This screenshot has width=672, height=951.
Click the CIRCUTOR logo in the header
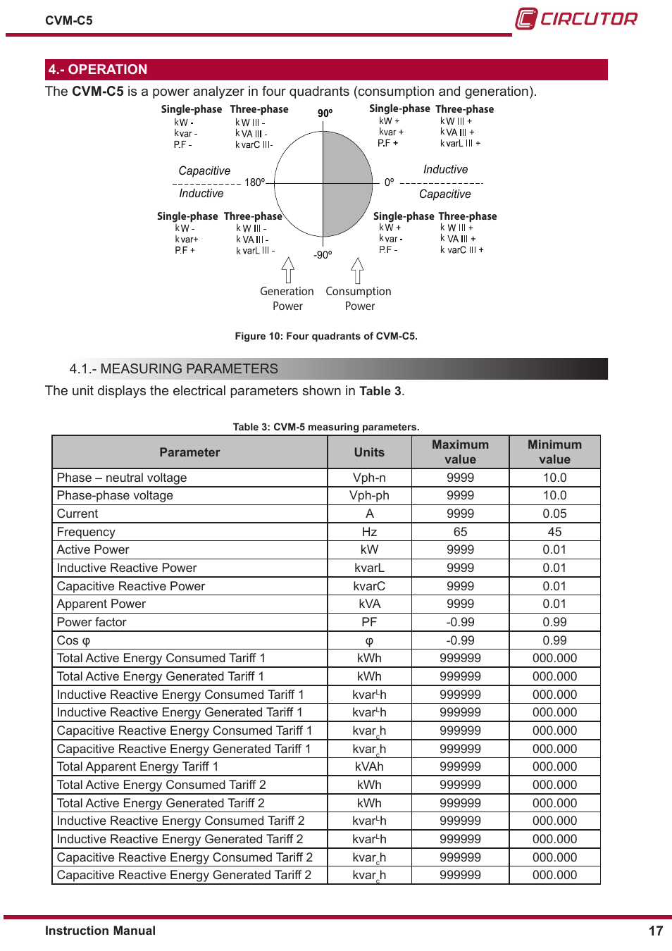576,18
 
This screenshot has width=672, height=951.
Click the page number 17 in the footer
655,931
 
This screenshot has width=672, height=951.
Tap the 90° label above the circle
325,113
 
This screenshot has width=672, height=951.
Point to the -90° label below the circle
323,255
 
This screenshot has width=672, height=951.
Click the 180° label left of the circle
254,182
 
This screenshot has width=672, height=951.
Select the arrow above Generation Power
287,270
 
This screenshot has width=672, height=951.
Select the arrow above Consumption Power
357,270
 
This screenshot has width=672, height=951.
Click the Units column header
369,452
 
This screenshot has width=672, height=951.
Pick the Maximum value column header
460,452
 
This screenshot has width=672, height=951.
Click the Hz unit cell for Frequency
369,532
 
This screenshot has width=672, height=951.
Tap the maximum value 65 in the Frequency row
460,532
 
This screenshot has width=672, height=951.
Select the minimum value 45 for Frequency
554,532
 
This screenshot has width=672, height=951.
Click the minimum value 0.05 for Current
554,514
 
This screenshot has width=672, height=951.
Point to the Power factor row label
92,622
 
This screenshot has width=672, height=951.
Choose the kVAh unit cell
369,766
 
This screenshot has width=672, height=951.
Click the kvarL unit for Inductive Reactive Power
369,568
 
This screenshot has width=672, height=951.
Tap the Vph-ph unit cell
369,495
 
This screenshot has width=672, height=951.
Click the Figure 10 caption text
326,336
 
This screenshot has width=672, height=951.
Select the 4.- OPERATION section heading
98,70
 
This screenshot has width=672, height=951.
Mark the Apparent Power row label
101,604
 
